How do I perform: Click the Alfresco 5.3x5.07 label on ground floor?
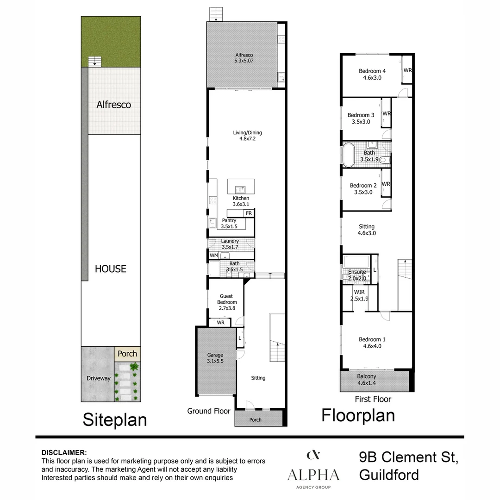click(x=244, y=58)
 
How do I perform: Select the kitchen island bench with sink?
click(x=241, y=187)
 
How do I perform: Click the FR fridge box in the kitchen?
click(x=249, y=213)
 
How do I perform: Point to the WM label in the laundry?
click(x=213, y=255)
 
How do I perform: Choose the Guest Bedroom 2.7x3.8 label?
click(x=227, y=302)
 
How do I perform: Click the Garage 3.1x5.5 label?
click(x=215, y=358)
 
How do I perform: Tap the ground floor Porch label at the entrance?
click(x=255, y=419)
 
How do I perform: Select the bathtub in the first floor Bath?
click(x=349, y=155)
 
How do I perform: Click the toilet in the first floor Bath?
click(x=385, y=160)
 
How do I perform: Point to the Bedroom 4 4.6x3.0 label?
click(x=372, y=74)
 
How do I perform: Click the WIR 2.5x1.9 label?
click(x=359, y=295)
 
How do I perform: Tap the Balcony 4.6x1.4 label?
click(x=366, y=380)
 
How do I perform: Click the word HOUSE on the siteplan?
click(x=110, y=269)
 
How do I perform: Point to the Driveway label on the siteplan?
click(x=99, y=378)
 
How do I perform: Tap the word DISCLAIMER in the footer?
click(x=64, y=452)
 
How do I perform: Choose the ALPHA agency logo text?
click(x=313, y=475)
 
